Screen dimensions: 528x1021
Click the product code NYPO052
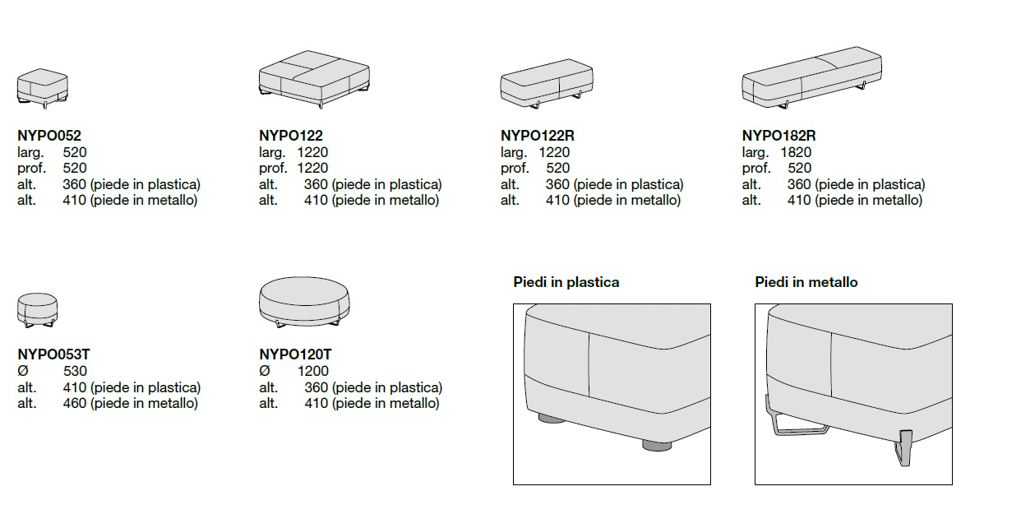click(49, 136)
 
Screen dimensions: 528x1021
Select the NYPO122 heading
click(291, 136)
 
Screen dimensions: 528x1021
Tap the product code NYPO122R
click(538, 136)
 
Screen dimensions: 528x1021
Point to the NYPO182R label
click(779, 136)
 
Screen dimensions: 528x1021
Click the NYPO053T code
click(53, 354)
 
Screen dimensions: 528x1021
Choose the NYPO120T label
click(295, 354)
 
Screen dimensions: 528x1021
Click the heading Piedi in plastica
click(566, 282)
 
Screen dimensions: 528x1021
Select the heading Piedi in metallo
click(806, 282)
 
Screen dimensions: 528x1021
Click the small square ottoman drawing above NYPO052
click(43, 87)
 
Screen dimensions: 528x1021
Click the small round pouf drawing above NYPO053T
click(38, 309)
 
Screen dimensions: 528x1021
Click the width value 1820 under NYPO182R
click(796, 152)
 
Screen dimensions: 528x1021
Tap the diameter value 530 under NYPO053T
click(75, 371)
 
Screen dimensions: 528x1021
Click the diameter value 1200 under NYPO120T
click(313, 371)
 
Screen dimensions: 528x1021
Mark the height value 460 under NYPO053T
click(75, 403)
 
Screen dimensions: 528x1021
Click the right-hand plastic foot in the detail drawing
click(656, 445)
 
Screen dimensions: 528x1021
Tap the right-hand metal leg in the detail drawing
click(906, 447)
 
